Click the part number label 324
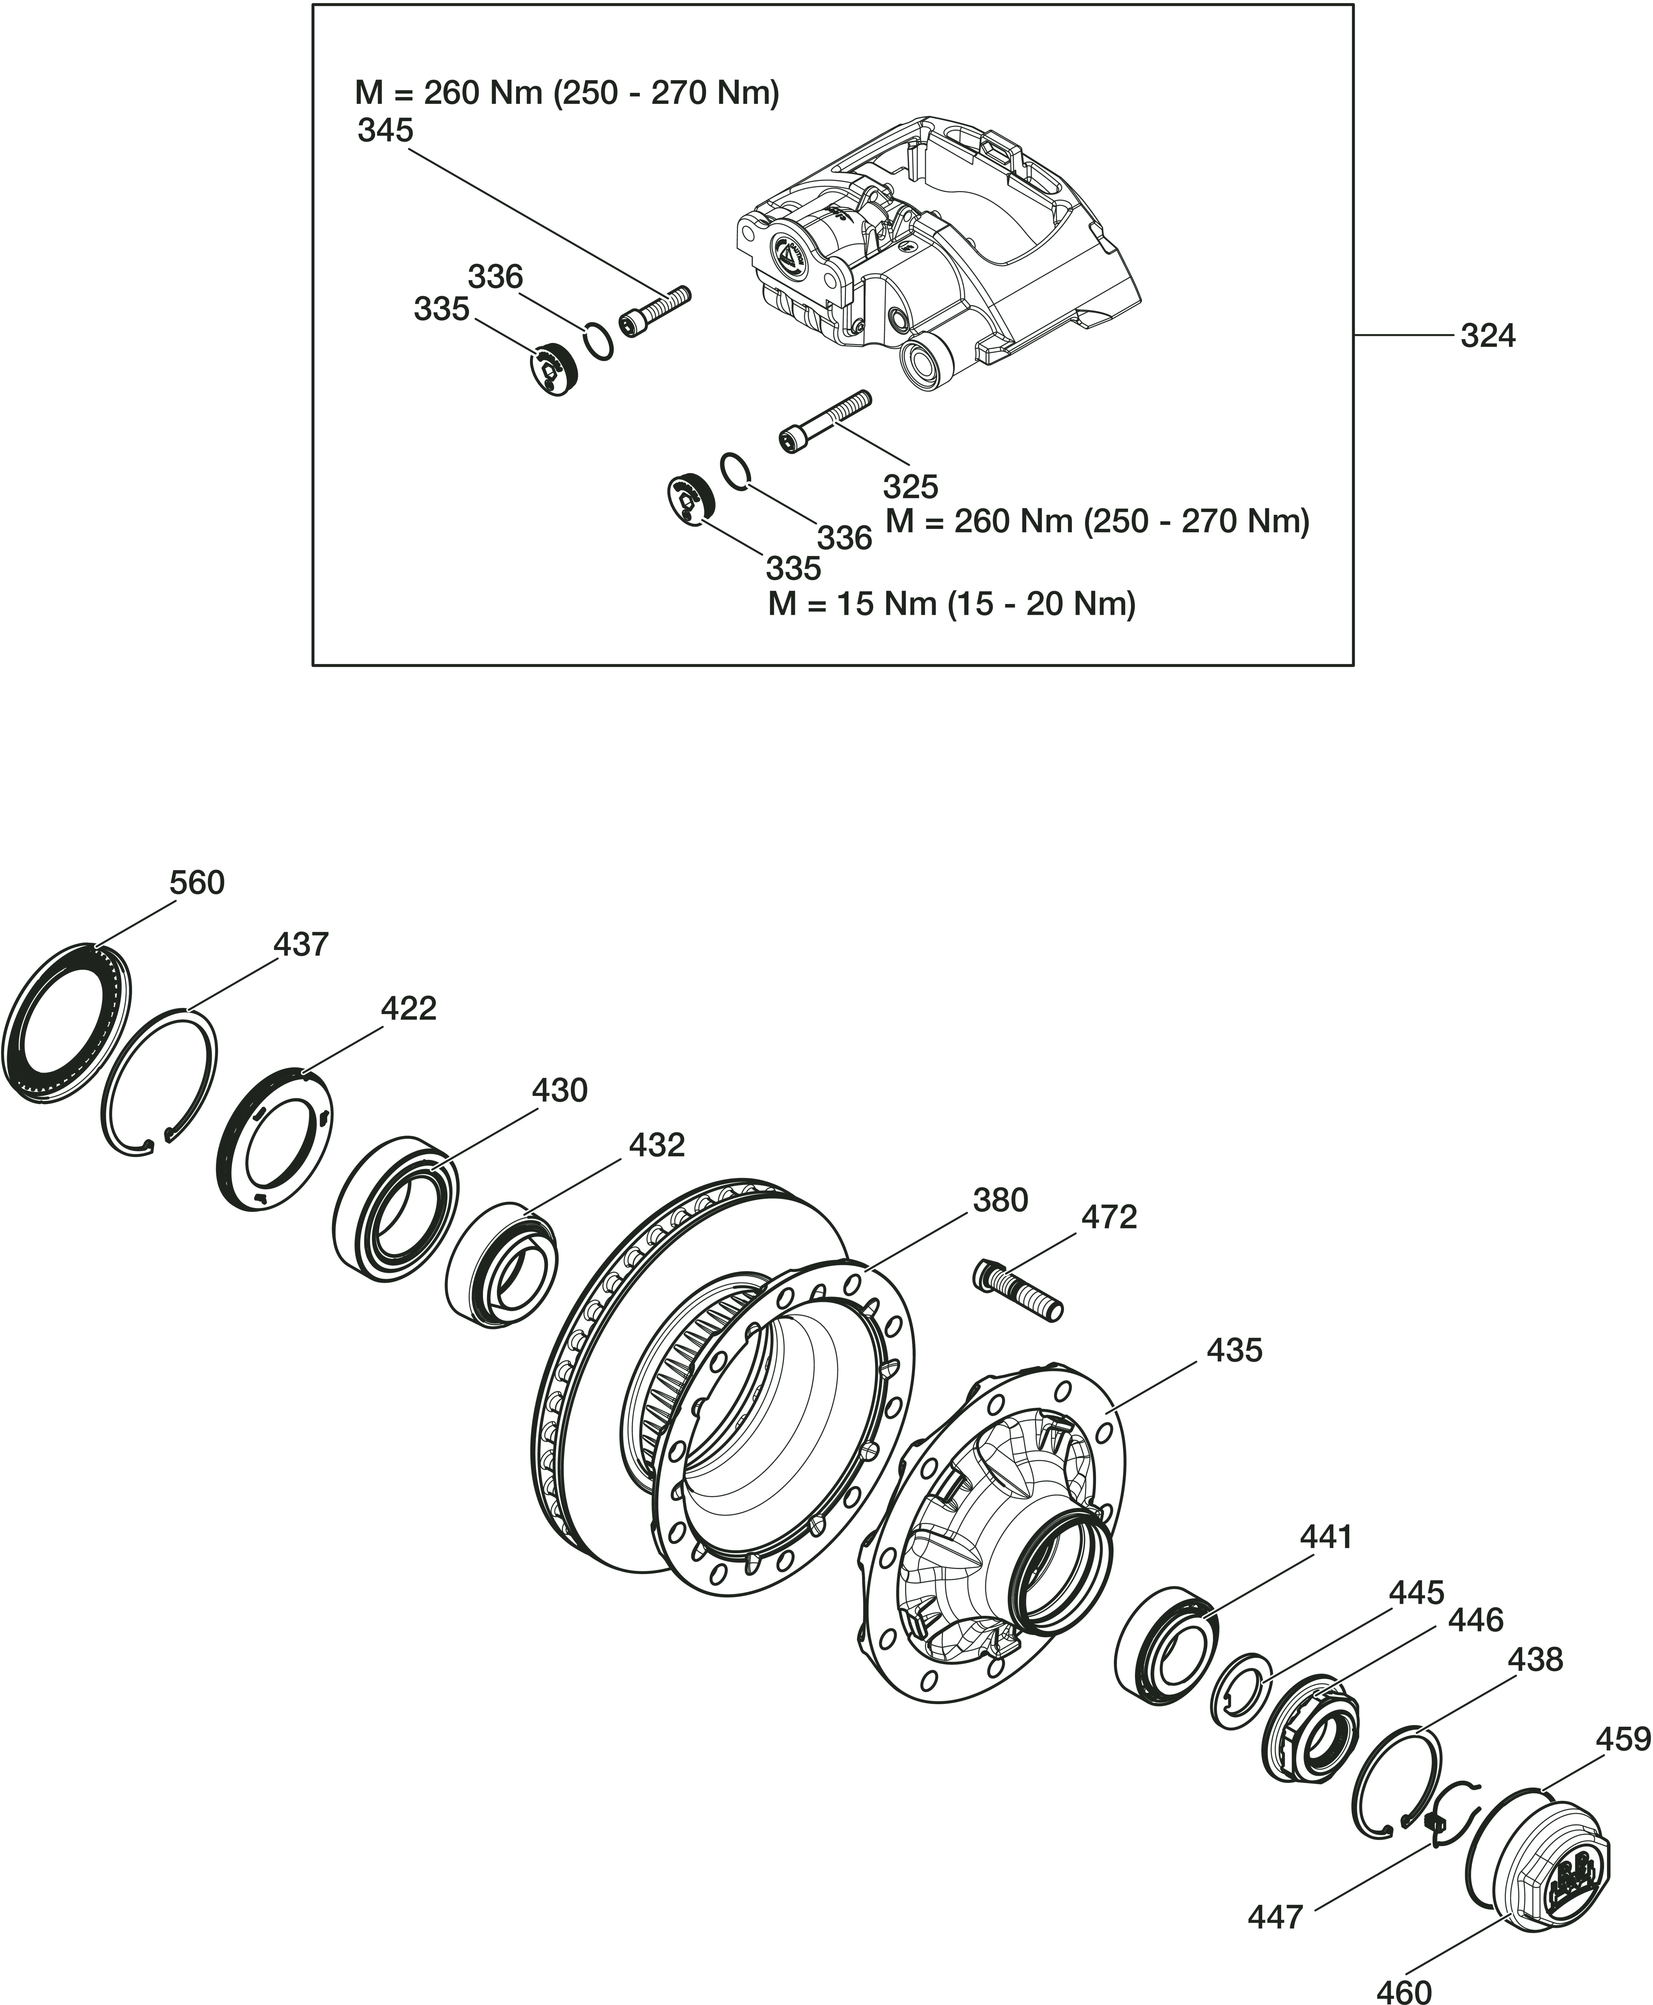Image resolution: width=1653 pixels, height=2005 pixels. point(1487,336)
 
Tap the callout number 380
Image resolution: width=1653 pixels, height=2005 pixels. point(1000,1201)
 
